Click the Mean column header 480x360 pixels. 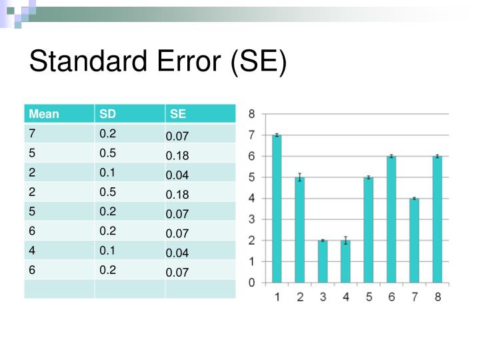(44, 114)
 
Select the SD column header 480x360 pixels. (107, 114)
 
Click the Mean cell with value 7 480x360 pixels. (32, 133)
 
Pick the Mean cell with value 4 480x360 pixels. (32, 250)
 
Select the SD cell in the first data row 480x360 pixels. (108, 133)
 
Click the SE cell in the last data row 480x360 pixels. (178, 272)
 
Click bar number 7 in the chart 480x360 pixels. (414, 240)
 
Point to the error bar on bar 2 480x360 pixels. (300, 177)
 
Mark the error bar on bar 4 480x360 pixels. (345, 241)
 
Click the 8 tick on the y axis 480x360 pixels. (251, 114)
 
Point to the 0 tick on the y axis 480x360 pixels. (251, 283)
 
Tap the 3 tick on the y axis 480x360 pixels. (251, 219)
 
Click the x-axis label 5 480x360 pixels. (369, 297)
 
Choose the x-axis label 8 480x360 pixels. (437, 297)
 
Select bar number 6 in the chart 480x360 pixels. (391, 219)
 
